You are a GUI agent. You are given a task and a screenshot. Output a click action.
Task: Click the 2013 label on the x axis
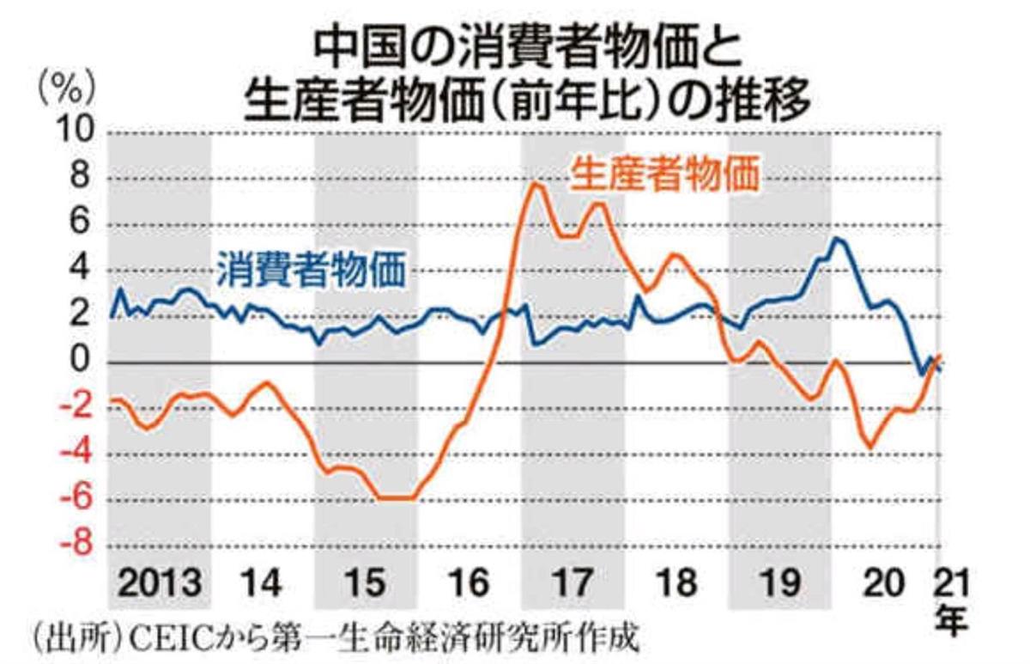point(160,585)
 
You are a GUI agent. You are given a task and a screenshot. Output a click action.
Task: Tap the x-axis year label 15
point(365,585)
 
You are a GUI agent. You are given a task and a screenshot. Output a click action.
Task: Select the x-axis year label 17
point(572,585)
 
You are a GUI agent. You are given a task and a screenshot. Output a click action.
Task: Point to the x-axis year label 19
point(779,585)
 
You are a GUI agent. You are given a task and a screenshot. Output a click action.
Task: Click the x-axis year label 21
point(950,585)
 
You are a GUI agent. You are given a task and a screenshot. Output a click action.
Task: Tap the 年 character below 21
point(950,619)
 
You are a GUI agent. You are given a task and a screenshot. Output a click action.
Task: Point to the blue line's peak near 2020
point(838,239)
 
